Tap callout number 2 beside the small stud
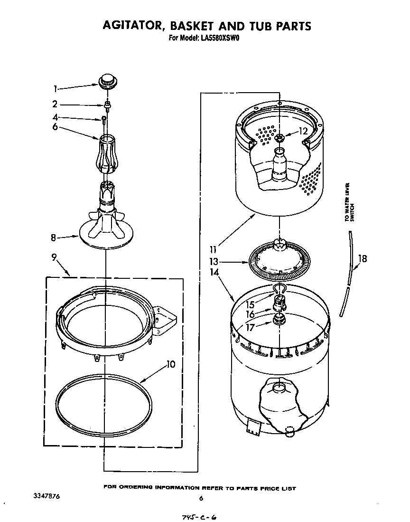click(x=55, y=104)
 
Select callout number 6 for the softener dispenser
click(x=55, y=127)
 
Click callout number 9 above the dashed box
click(x=55, y=257)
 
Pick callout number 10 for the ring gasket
click(x=171, y=365)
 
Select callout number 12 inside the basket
click(x=303, y=132)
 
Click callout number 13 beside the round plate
click(x=214, y=261)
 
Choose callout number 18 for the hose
click(x=363, y=259)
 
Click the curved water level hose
click(x=348, y=275)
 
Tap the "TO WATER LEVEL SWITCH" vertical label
click(x=349, y=201)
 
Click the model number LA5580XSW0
click(x=218, y=39)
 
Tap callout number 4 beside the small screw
click(x=55, y=117)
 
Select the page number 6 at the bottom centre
click(x=201, y=498)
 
